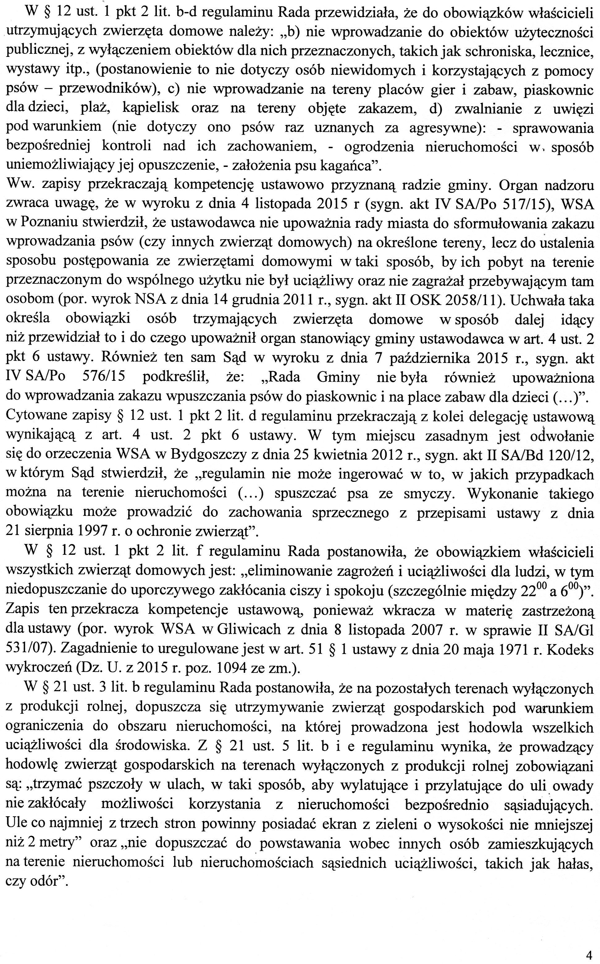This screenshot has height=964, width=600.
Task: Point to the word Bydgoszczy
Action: (x=195, y=455)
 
